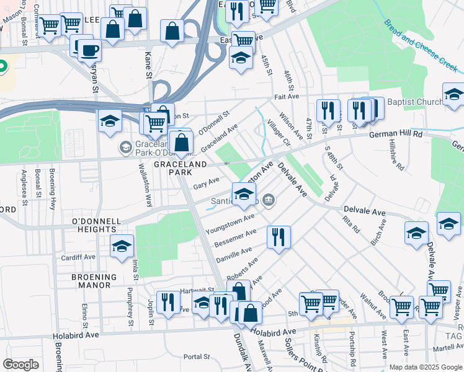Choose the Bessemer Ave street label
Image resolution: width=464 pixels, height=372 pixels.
tap(235, 238)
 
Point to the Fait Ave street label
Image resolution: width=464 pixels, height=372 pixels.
tap(287, 97)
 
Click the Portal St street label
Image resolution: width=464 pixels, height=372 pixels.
tap(198, 357)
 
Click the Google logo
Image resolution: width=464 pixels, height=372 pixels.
tap(21, 364)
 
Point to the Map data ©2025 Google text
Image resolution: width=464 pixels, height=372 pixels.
tap(426, 367)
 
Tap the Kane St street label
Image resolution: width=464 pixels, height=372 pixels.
tap(148, 64)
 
